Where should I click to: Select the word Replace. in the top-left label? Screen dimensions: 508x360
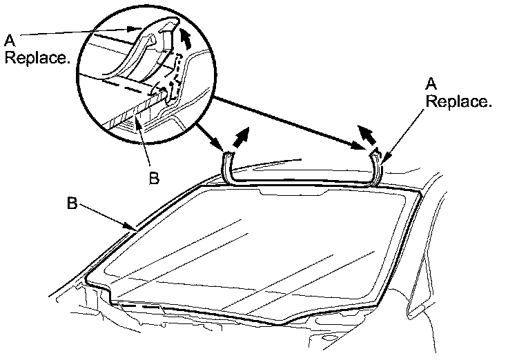(x=37, y=59)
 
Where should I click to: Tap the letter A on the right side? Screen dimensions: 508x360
(x=431, y=83)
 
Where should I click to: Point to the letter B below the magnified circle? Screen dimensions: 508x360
(x=154, y=178)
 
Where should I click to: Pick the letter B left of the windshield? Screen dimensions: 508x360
(x=71, y=204)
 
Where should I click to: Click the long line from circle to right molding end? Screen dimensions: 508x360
(x=290, y=121)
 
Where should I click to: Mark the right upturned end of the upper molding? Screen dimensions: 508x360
(x=378, y=165)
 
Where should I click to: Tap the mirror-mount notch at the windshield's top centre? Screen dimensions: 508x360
(x=291, y=197)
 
